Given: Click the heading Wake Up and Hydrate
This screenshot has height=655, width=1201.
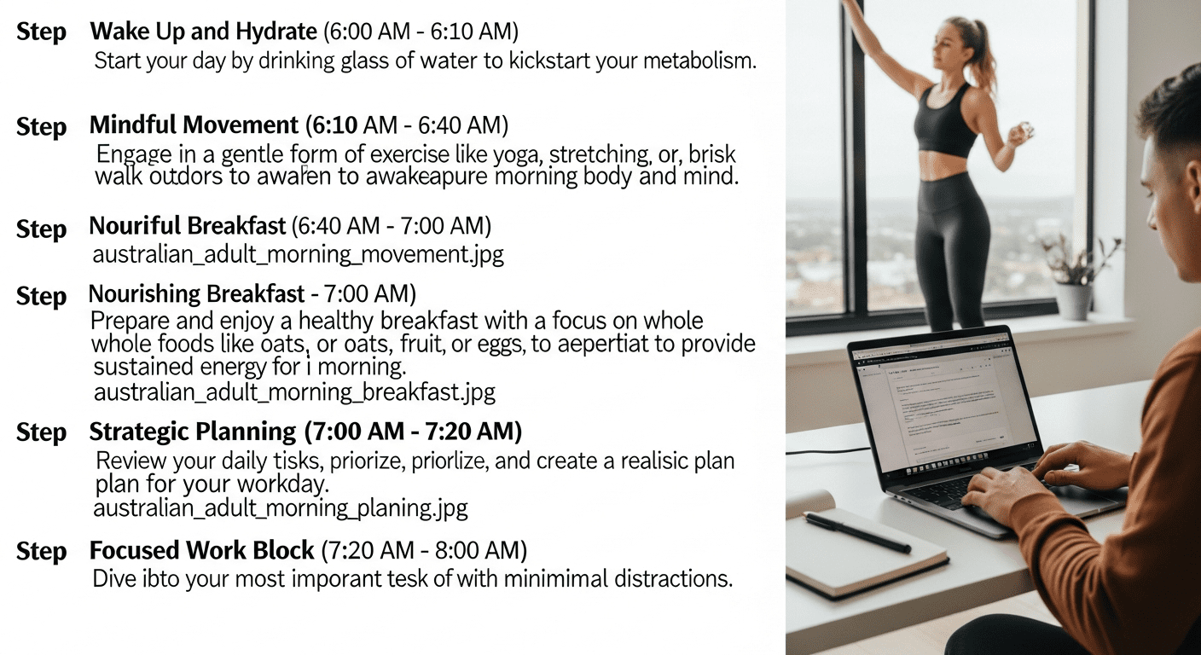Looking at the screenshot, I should (203, 32).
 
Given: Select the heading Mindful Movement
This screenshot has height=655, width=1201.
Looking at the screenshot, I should (194, 126).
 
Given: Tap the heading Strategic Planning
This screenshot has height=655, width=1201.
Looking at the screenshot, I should (192, 432).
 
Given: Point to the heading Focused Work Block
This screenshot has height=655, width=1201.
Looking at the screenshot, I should (202, 550).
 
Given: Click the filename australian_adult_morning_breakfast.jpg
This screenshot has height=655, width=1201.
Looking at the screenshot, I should (293, 393).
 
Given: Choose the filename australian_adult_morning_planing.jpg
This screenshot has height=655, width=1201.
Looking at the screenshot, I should (280, 509).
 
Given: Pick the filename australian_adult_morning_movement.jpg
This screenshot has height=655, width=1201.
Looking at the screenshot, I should (298, 255).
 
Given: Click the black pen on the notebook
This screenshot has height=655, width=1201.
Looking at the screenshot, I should (856, 532).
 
